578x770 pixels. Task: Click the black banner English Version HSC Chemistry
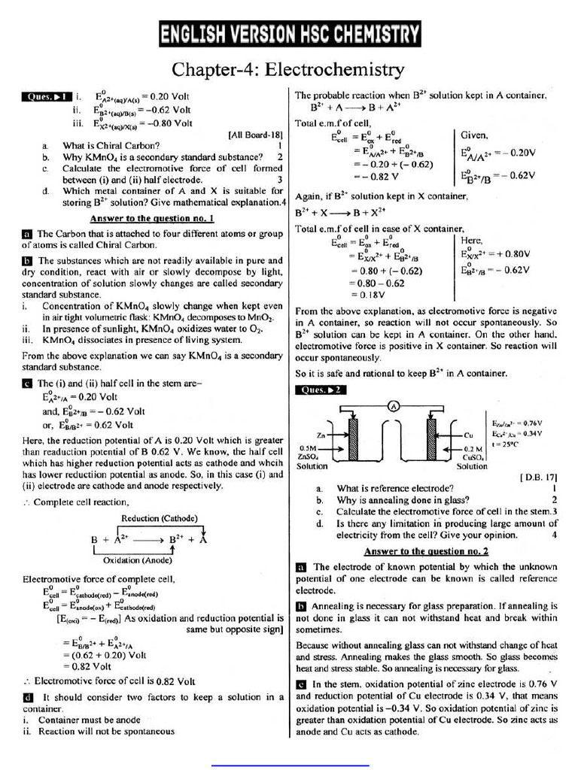pos(289,34)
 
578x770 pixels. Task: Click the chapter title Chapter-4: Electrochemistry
pos(288,70)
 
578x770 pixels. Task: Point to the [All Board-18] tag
pos(255,135)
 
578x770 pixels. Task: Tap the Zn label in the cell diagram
pos(321,435)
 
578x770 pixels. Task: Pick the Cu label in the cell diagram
pos(468,435)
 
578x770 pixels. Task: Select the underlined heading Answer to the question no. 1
pos(152,218)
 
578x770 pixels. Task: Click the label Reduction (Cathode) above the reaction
pos(159,518)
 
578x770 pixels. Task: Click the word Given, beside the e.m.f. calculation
pos(475,135)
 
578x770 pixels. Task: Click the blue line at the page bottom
pos(290,765)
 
